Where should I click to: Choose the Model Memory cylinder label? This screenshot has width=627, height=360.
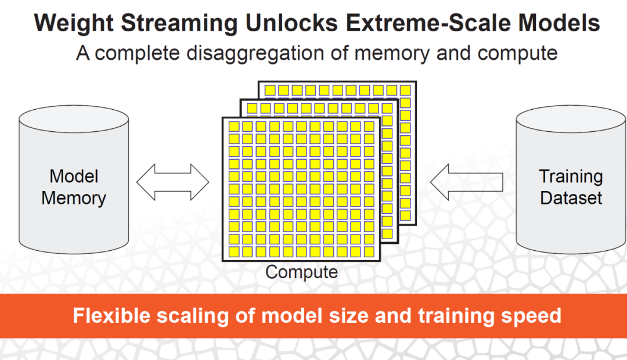(x=74, y=187)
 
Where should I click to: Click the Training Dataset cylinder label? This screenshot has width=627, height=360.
(x=571, y=187)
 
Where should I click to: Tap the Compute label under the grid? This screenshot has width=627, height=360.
(x=301, y=272)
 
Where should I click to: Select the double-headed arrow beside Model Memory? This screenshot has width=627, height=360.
(x=172, y=182)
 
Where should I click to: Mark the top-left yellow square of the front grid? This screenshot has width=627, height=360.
(x=234, y=127)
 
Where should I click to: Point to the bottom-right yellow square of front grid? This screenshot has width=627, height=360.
(x=367, y=252)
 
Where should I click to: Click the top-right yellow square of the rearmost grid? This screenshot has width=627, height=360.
(x=405, y=90)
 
